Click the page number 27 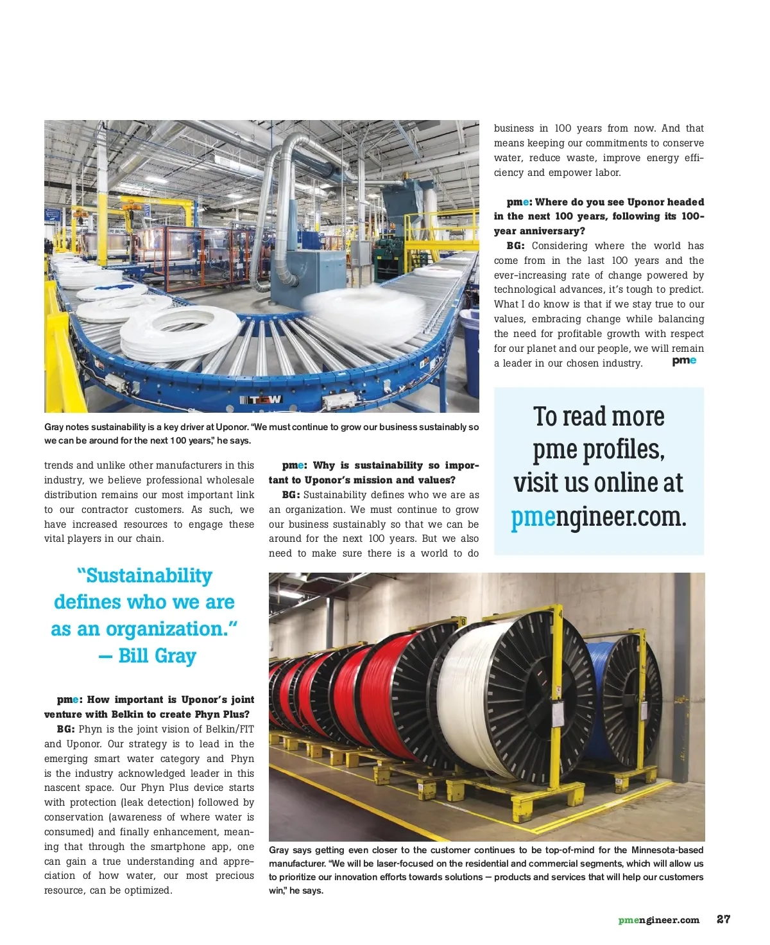723,919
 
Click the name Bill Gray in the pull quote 157,655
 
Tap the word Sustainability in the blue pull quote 149,576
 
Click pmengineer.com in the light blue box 598,517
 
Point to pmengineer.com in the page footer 658,920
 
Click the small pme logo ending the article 684,361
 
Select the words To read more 598,417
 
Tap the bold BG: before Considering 515,246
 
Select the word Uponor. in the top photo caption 232,427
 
